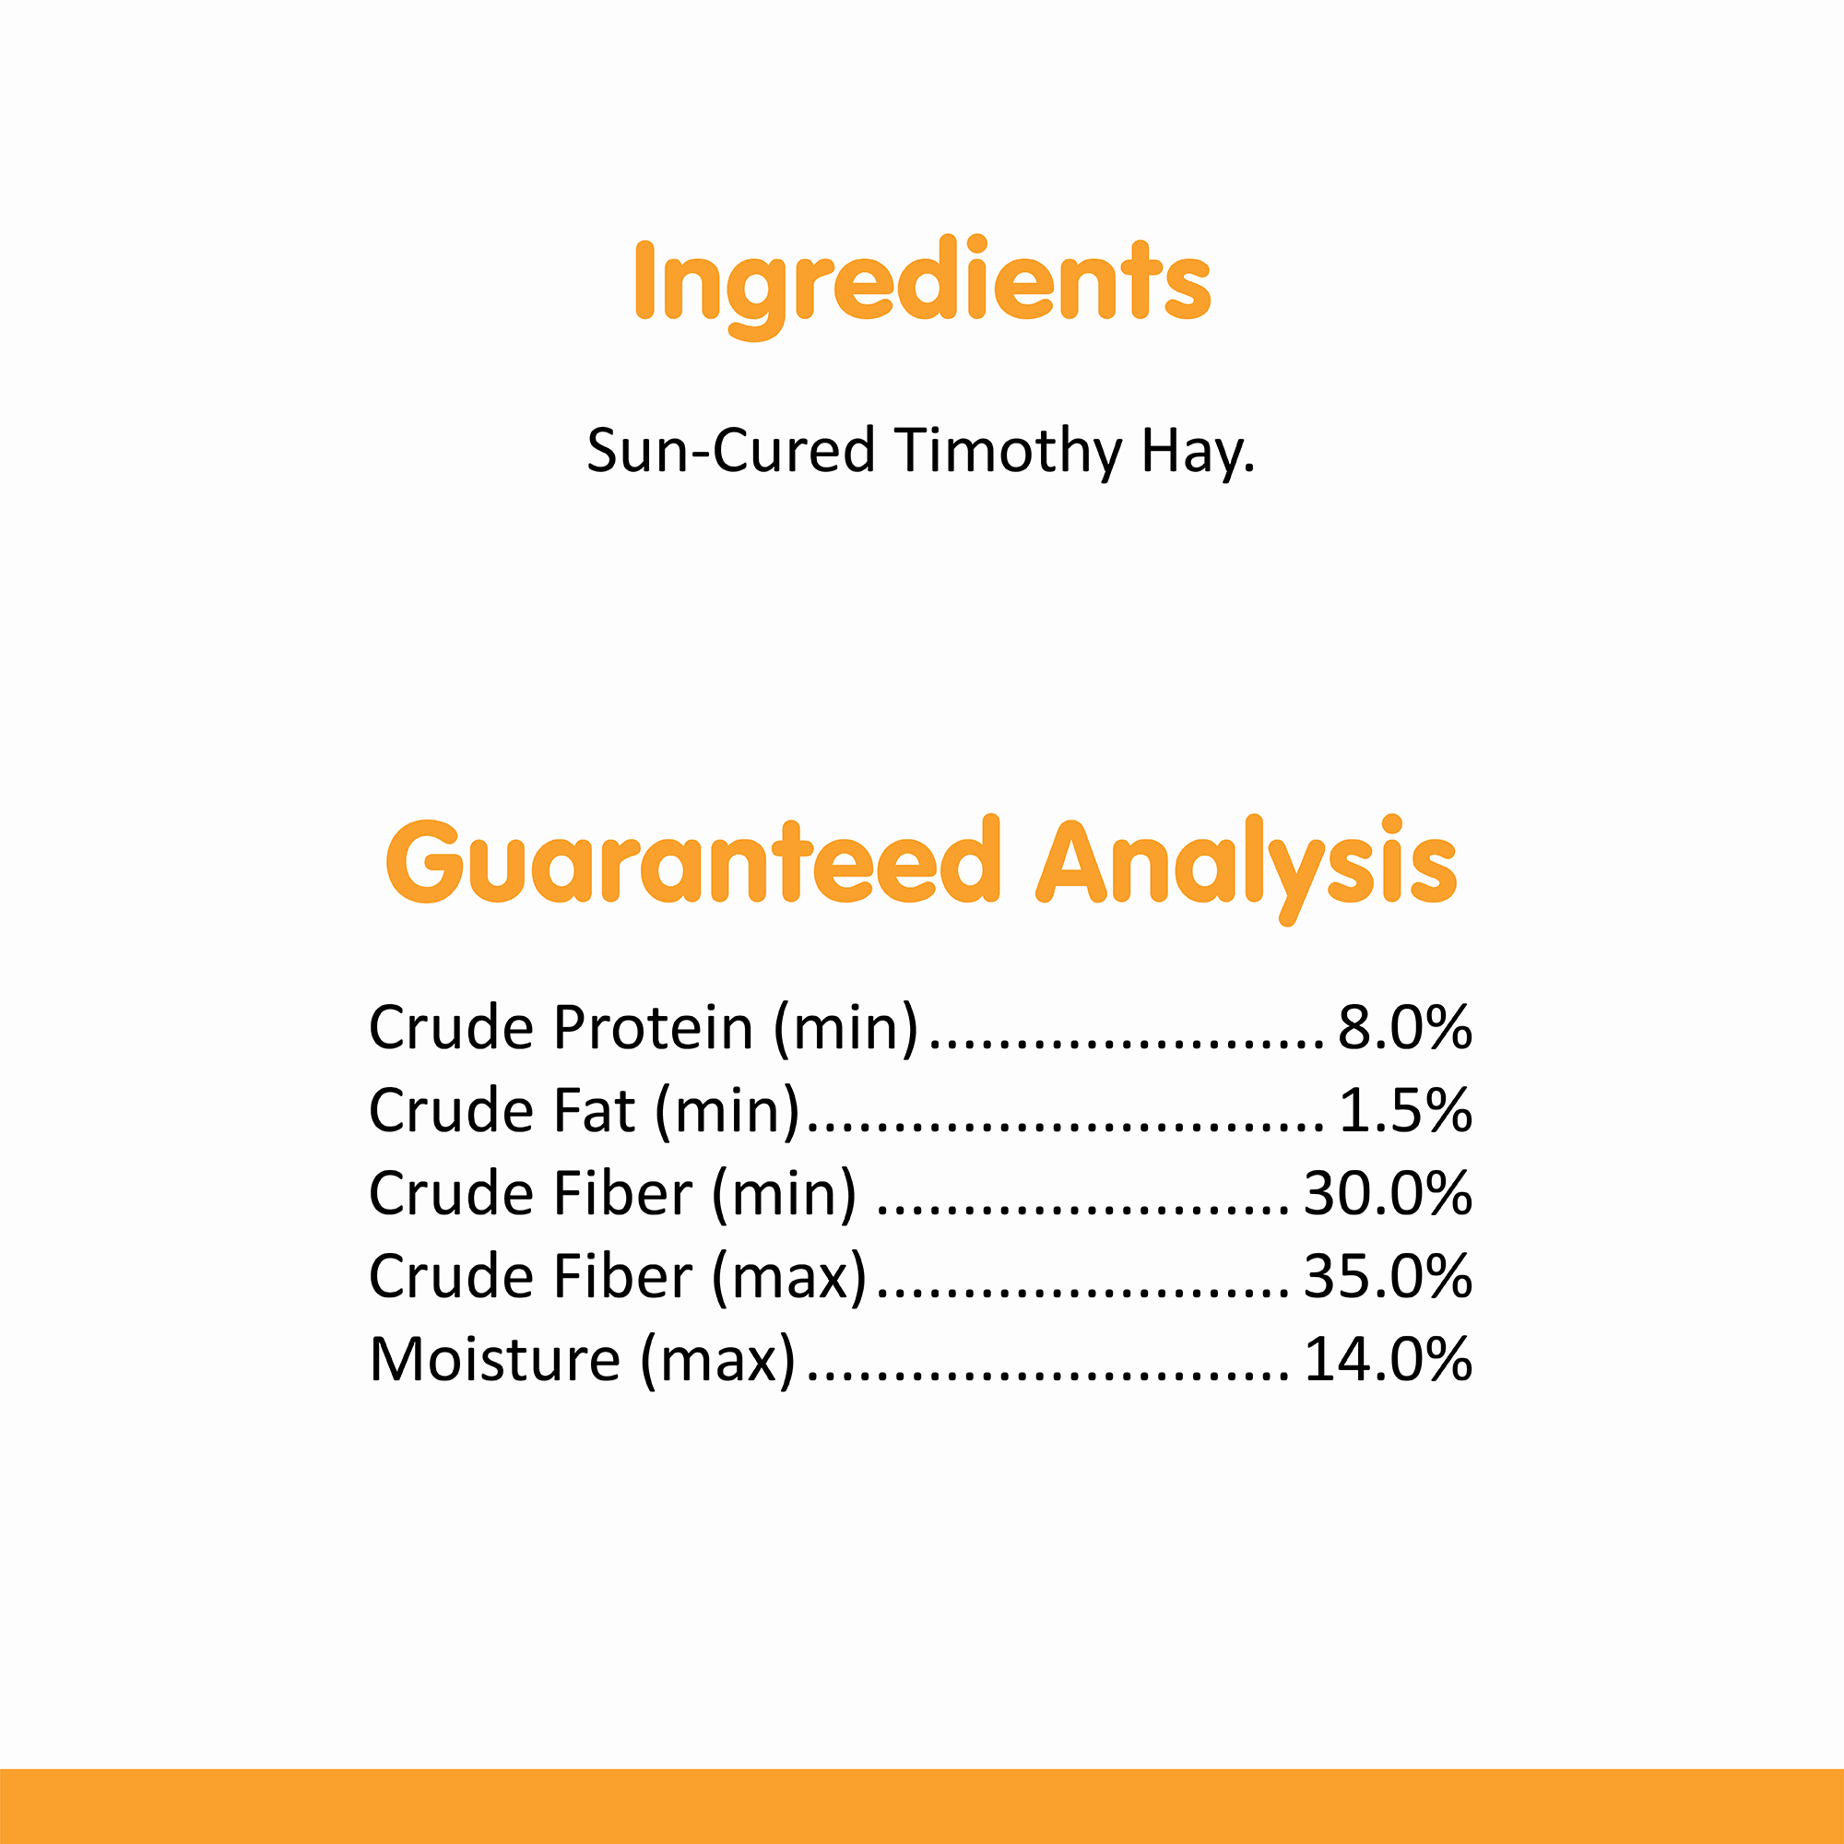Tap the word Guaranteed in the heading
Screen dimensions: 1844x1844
pyautogui.click(x=693, y=861)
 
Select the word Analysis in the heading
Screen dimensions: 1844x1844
pyautogui.click(x=1247, y=867)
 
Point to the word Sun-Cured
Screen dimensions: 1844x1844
pyautogui.click(x=731, y=451)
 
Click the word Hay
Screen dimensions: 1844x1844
pyautogui.click(x=1199, y=452)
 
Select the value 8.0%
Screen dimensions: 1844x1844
pyautogui.click(x=1405, y=1028)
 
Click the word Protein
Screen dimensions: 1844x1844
pyautogui.click(x=654, y=1028)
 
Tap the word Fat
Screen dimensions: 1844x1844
pyautogui.click(x=596, y=1111)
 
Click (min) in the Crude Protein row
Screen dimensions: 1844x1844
pyautogui.click(x=845, y=1030)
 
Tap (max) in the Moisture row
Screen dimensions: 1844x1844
pyautogui.click(x=717, y=1361)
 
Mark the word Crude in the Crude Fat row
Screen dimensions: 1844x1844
pyautogui.click(x=453, y=1111)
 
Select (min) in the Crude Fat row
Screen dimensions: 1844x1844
pyautogui.click(x=727, y=1113)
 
